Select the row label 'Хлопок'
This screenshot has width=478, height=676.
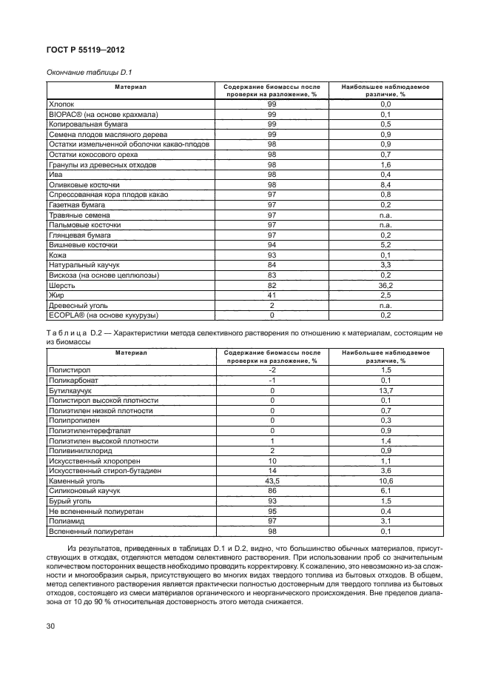point(61,105)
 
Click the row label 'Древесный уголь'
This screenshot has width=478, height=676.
point(76,304)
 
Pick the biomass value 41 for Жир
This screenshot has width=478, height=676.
point(272,294)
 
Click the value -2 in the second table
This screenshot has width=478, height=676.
point(272,369)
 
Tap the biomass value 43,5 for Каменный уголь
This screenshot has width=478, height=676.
point(272,480)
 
